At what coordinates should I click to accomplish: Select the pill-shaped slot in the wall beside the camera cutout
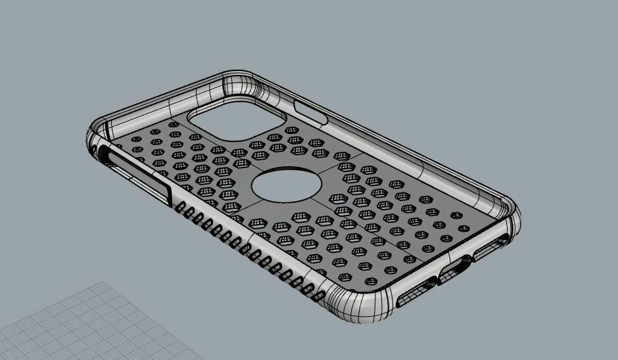click(x=311, y=112)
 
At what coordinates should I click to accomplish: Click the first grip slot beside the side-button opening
click(x=181, y=209)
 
